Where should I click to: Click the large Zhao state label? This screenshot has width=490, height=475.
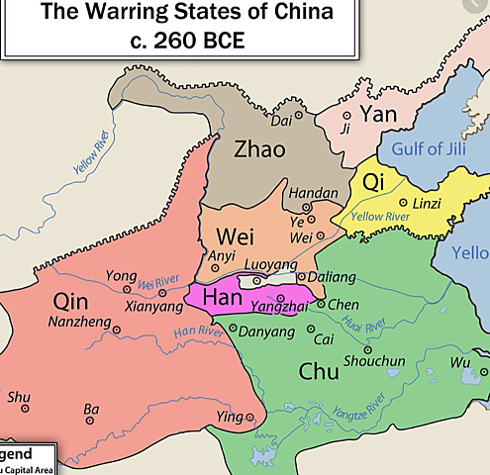pyautogui.click(x=258, y=149)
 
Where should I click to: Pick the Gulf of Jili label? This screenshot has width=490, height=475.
pyautogui.click(x=434, y=149)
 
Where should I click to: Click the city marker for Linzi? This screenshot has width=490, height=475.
pyautogui.click(x=403, y=203)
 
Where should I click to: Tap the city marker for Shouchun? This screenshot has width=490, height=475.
pyautogui.click(x=367, y=348)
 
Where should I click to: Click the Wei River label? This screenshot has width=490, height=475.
pyautogui.click(x=159, y=282)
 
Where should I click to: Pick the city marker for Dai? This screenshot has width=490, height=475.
pyautogui.click(x=298, y=102)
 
